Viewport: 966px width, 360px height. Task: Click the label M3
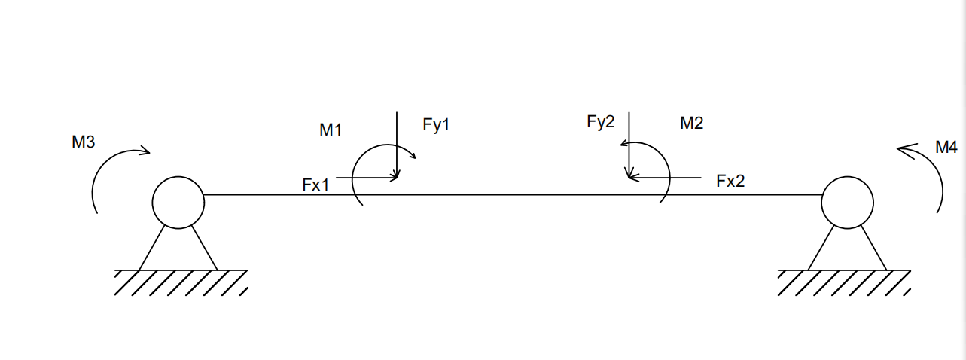[84, 141]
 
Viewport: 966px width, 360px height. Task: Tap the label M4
[946, 148]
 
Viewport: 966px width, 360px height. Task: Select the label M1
[331, 130]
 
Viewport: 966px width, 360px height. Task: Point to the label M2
[691, 124]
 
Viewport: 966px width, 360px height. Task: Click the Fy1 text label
[436, 125]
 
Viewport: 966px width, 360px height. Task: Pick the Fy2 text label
[600, 123]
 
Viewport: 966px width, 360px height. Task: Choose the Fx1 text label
[316, 185]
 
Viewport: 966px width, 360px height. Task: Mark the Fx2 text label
[730, 181]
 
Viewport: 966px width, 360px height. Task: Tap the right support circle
[847, 202]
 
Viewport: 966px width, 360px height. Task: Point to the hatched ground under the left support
[181, 282]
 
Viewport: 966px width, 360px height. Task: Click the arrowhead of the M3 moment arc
[145, 152]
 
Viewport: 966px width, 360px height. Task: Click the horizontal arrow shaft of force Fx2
[666, 178]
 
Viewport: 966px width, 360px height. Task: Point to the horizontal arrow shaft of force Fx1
[365, 178]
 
